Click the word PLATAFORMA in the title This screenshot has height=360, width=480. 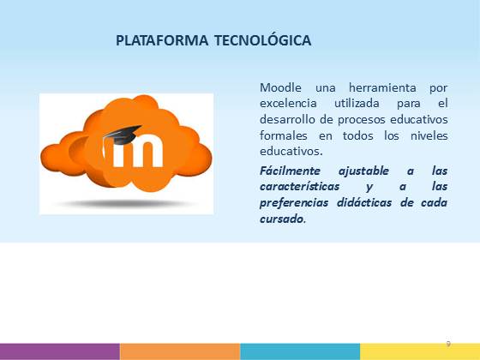[162, 41]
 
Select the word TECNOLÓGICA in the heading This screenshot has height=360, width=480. [262, 40]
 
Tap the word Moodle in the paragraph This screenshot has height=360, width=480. [280, 87]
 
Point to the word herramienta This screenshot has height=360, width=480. [382, 87]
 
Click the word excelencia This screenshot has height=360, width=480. [288, 104]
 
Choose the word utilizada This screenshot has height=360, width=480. [357, 104]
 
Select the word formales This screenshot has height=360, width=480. [284, 135]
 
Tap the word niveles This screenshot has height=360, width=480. [429, 135]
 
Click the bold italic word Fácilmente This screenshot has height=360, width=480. [290, 171]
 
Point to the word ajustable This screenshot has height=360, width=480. [363, 171]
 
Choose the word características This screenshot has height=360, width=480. [299, 187]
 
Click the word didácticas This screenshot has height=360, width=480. [364, 202]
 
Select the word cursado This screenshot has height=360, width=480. [283, 219]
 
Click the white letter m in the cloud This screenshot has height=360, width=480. [137, 152]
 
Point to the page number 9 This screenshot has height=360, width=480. [448, 344]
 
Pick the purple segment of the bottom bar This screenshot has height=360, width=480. [60, 351]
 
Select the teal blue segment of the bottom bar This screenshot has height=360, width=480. [300, 351]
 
